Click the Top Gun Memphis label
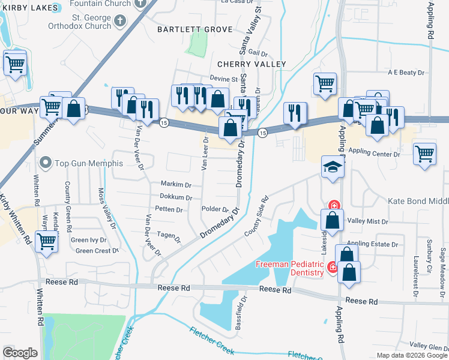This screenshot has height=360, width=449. (x=88, y=163)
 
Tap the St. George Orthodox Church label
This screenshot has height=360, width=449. (x=79, y=22)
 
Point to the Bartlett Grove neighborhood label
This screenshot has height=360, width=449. (x=187, y=29)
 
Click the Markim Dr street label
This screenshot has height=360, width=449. (x=176, y=184)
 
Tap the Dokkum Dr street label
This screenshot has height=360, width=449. (x=176, y=197)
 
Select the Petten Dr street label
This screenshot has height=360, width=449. (x=169, y=210)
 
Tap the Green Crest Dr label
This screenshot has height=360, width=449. (x=97, y=251)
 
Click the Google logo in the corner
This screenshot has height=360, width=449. (x=20, y=353)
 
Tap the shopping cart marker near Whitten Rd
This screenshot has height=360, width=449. (x=47, y=242)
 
